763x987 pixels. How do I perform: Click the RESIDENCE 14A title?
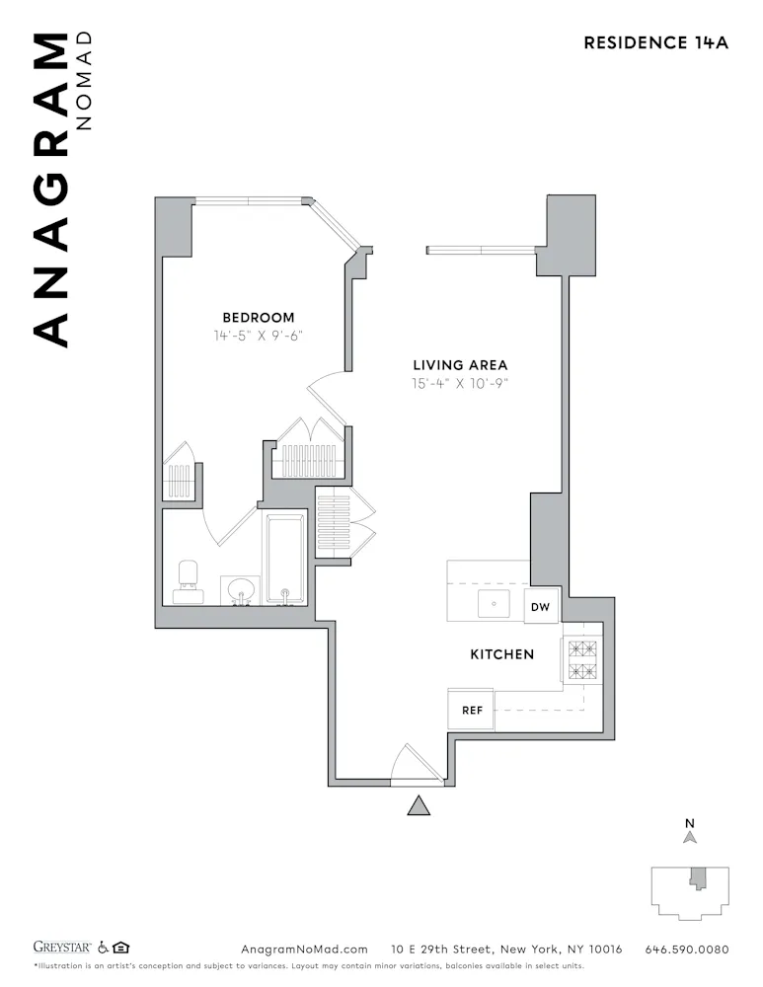click(655, 42)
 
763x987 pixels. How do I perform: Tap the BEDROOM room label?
click(258, 317)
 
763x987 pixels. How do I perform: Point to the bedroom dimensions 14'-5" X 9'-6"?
click(258, 335)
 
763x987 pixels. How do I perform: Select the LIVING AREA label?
click(460, 365)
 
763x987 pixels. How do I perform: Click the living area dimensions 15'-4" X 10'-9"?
click(460, 383)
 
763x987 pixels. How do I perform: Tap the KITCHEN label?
click(501, 653)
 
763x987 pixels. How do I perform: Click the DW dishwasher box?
click(540, 607)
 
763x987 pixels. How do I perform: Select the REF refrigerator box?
click(471, 710)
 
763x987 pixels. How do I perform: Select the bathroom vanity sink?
click(239, 591)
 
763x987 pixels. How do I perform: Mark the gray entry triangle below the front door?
click(420, 806)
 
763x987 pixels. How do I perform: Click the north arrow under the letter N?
click(690, 837)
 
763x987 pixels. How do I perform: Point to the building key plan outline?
click(690, 892)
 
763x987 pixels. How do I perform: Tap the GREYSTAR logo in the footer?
click(62, 949)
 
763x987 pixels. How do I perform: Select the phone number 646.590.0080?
click(686, 949)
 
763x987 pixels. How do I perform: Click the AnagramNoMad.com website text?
click(304, 949)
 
